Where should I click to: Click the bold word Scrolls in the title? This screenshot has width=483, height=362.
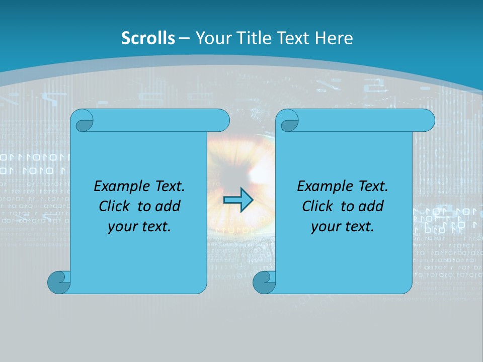coord(148,38)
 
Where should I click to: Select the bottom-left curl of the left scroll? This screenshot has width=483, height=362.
coord(58,282)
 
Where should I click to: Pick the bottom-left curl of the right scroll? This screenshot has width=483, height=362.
coord(264,282)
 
